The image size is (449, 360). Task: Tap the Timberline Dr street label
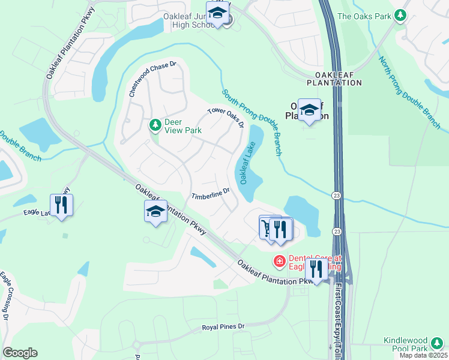coord(211,194)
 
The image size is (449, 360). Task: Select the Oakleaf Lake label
coord(248,163)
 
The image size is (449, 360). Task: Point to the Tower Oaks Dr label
coord(225,117)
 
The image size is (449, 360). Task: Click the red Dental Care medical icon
coord(279,261)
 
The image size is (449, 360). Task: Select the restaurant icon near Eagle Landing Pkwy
coord(62,204)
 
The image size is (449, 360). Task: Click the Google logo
coord(20,353)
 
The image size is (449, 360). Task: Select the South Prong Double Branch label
coord(252,122)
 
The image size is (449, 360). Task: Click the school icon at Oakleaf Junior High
coord(218,13)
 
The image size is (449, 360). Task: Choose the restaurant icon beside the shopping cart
coord(280,229)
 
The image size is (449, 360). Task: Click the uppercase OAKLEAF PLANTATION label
coord(335,78)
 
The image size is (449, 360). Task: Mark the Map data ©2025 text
coord(423,355)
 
